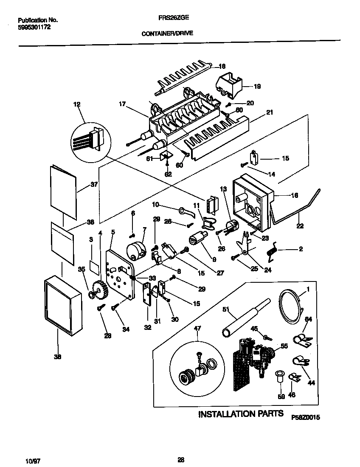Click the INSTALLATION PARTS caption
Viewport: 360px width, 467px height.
point(241,414)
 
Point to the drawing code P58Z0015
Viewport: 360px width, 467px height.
point(305,418)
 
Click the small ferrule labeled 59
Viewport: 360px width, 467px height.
point(280,376)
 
